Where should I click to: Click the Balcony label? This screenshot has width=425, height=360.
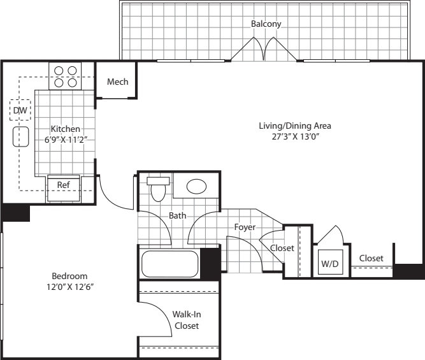(x=266, y=24)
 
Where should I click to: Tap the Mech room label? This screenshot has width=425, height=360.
(x=118, y=82)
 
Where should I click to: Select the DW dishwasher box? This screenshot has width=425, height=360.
(x=20, y=111)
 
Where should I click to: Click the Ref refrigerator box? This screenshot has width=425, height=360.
(x=64, y=185)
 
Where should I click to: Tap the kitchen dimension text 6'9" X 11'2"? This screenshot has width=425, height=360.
(x=66, y=140)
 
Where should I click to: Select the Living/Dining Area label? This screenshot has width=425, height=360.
(x=294, y=126)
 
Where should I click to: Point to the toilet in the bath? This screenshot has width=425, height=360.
(x=157, y=189)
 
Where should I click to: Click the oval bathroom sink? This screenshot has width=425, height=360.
(x=196, y=187)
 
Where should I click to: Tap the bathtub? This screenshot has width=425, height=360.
(x=170, y=263)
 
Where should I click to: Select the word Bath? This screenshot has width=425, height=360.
(x=177, y=215)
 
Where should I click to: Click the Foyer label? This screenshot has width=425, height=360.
(x=245, y=226)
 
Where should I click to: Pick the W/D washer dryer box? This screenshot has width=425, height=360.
(x=329, y=263)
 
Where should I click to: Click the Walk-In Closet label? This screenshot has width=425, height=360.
(x=186, y=320)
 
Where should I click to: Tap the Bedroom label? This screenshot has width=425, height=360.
(x=69, y=276)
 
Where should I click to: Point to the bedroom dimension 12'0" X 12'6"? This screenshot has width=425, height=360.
(x=69, y=287)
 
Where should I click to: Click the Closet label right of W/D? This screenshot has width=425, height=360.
(x=371, y=258)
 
